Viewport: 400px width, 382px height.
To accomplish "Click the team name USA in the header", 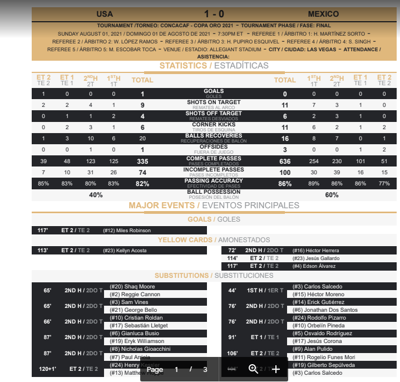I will [105, 14].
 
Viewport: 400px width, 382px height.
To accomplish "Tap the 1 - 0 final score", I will [214, 14].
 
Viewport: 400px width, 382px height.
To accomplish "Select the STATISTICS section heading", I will [183, 66].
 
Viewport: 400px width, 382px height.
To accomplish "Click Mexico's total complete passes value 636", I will [285, 161].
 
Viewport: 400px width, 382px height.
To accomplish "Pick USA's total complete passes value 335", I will [142, 161].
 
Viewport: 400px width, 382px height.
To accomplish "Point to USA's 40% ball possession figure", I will [96, 195].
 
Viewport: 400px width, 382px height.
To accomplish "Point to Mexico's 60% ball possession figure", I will [332, 195].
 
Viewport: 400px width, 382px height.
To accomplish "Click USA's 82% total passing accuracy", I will [142, 184].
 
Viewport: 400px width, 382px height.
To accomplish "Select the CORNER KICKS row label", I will [214, 125].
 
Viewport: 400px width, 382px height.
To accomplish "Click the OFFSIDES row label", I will [214, 147].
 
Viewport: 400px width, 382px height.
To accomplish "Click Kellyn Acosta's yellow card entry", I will [132, 251].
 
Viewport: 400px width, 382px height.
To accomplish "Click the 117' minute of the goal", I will [43, 231].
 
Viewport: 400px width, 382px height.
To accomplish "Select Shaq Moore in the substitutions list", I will [124, 287].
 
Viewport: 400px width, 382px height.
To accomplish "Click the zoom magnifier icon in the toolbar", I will [253, 369].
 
